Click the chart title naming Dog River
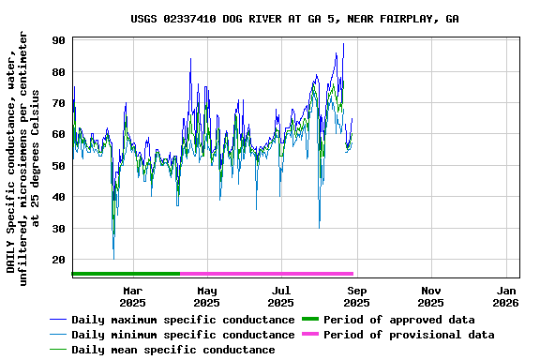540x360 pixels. pos(294,19)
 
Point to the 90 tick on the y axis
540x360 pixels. pos(58,40)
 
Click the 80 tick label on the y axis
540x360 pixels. pos(58,72)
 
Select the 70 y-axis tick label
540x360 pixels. pos(58,103)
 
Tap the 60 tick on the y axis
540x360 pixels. pos(58,135)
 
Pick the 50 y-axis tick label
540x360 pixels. pos(58,166)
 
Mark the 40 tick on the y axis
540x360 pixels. pos(58,197)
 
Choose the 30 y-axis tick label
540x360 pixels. pos(58,229)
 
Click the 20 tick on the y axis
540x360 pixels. pos(58,260)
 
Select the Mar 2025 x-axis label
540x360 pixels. pos(132,296)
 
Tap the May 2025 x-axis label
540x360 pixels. pos(206,296)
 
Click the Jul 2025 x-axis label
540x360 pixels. pos(280,296)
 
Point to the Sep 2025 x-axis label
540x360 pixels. pos(356,296)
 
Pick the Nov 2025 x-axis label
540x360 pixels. pos(430,296)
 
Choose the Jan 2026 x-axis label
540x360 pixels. pos(505,296)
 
